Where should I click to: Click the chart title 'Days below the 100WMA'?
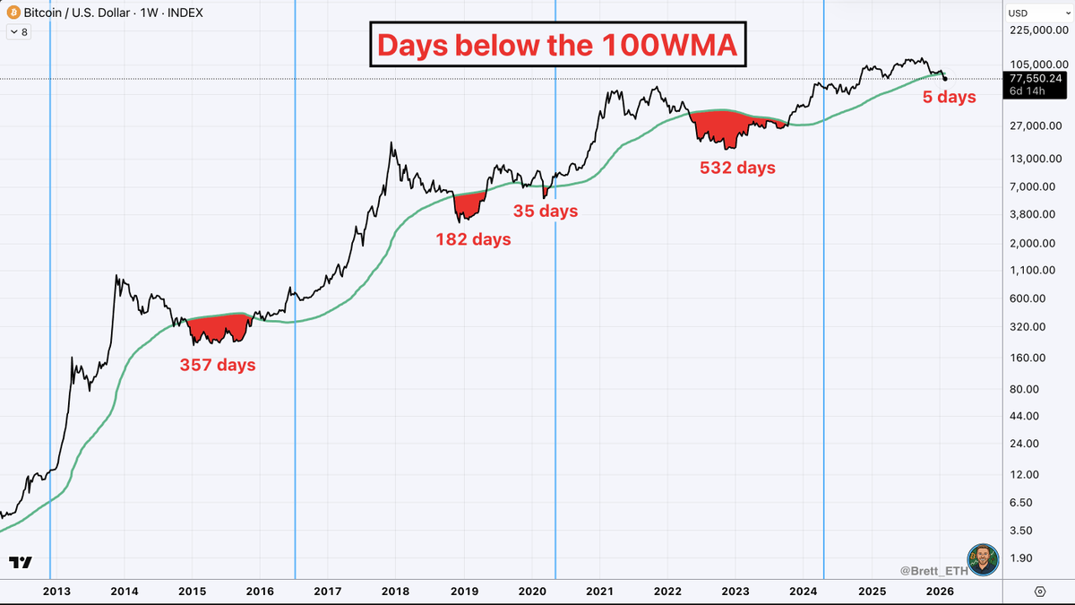click(555, 45)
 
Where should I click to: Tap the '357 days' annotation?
click(218, 365)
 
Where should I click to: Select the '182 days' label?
click(473, 239)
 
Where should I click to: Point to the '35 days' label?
click(545, 212)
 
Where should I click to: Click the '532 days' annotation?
click(737, 167)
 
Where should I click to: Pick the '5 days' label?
click(949, 96)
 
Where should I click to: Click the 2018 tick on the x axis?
click(395, 591)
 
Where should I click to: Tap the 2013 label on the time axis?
click(56, 591)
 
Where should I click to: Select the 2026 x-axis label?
click(939, 591)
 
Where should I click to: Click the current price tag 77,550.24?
click(1035, 78)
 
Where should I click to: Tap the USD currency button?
click(1019, 13)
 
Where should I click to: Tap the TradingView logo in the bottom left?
click(21, 562)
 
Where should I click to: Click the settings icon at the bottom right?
click(1039, 591)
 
